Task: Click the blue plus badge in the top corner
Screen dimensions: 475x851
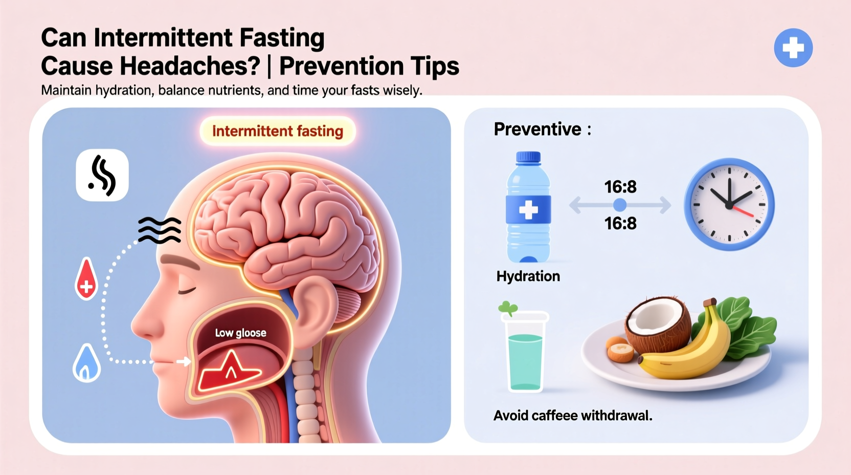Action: [x=793, y=48]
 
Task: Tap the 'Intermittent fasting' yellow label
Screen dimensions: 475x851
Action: [x=277, y=131]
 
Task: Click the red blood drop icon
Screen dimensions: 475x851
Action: [x=86, y=279]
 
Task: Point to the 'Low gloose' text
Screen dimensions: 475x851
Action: [x=240, y=333]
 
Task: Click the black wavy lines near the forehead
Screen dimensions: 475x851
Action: [x=160, y=230]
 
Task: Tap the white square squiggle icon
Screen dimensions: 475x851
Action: [x=102, y=175]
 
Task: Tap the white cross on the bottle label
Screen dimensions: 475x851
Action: [x=528, y=210]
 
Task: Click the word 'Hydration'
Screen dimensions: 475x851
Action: [x=528, y=276]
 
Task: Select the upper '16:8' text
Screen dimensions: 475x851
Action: [x=620, y=187]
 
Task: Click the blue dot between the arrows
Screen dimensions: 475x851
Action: [x=620, y=205]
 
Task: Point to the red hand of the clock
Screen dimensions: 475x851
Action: [x=743, y=211]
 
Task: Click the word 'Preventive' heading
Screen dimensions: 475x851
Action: [x=538, y=129]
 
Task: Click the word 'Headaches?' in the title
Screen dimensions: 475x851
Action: [x=150, y=66]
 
